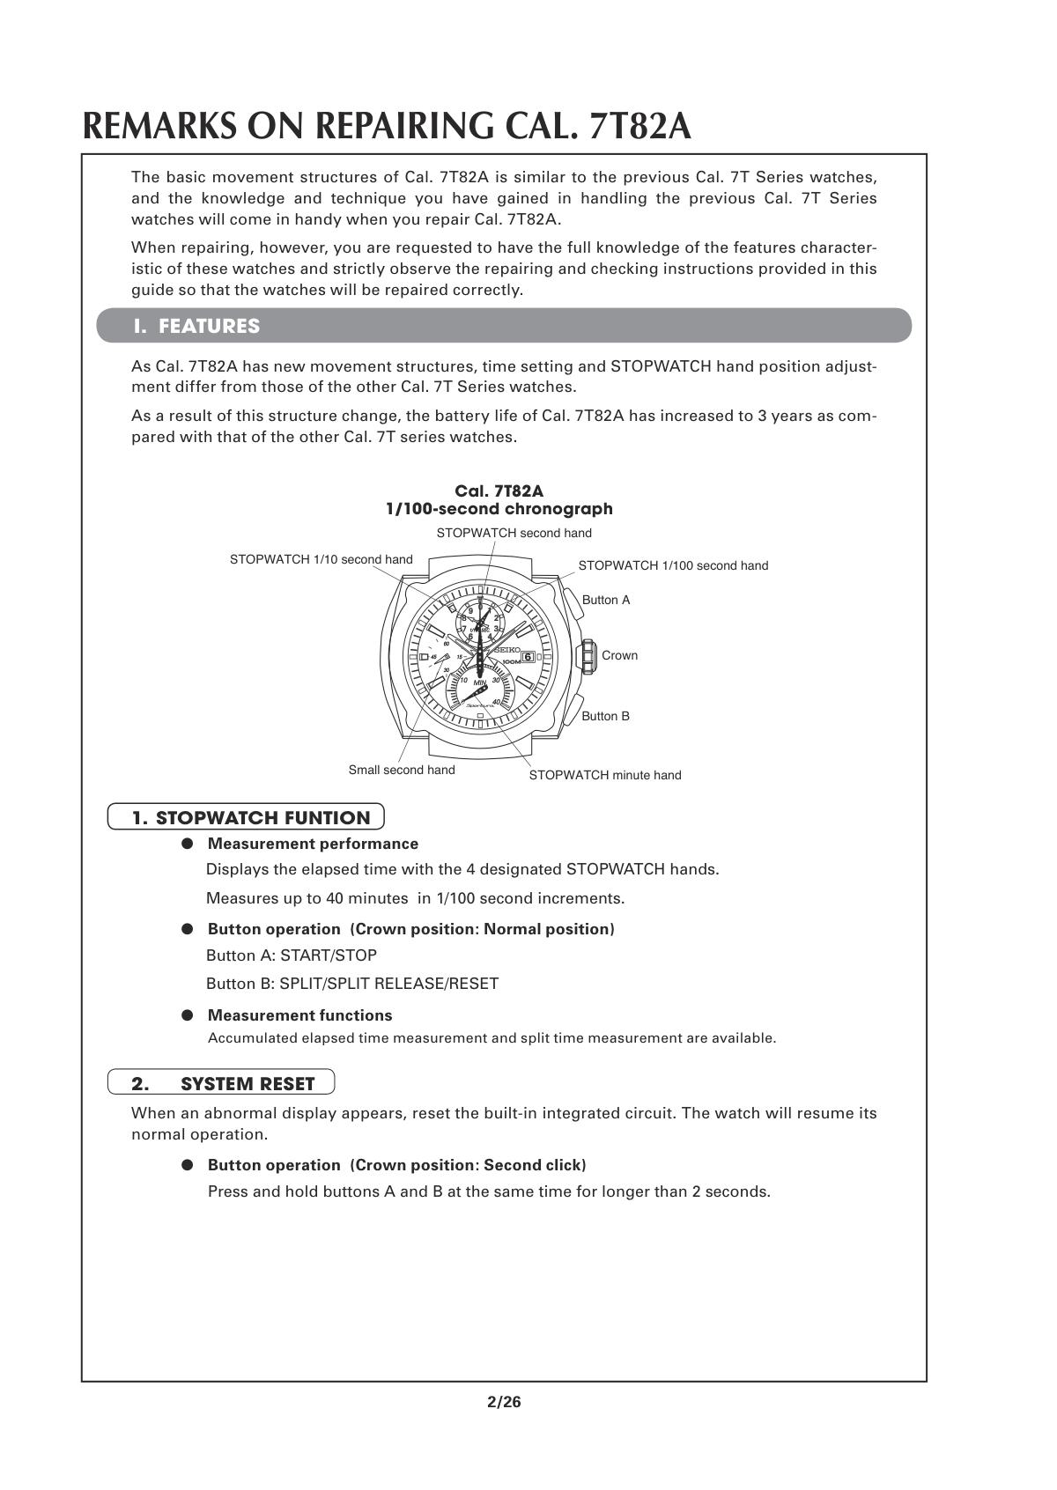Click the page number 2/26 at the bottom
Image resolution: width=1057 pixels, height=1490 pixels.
point(504,1402)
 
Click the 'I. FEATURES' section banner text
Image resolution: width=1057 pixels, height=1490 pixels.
point(196,326)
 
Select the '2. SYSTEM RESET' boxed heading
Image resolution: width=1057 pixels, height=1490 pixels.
point(222,1083)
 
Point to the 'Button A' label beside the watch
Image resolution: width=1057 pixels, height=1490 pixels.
point(606,600)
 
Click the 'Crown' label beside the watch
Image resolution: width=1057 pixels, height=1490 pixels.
point(619,655)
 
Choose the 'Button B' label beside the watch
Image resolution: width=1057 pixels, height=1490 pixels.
point(605,716)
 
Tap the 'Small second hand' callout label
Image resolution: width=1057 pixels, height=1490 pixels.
point(402,770)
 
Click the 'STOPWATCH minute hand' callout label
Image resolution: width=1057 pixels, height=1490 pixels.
point(604,775)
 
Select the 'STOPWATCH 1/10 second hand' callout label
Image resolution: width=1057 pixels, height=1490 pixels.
point(321,559)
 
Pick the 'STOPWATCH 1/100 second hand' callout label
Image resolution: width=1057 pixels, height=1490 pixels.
point(673,565)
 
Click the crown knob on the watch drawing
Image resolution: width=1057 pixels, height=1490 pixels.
point(586,656)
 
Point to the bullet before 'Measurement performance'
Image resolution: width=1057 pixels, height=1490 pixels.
point(188,844)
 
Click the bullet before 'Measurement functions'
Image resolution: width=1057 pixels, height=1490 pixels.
point(188,1015)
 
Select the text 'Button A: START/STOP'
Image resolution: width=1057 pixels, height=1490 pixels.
point(291,955)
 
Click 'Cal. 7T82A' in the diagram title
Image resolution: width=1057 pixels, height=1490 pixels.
point(499,491)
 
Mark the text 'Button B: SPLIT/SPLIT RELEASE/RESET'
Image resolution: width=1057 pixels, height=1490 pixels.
point(351,984)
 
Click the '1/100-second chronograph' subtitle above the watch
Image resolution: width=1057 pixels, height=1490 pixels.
point(499,509)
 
